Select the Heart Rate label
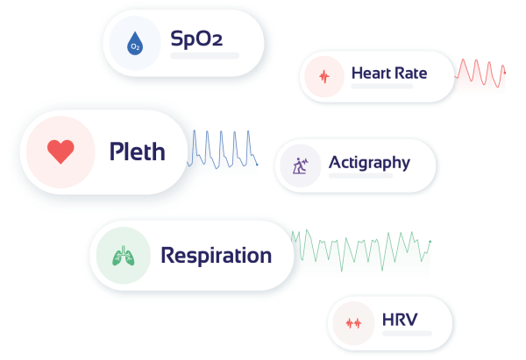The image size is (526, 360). click(388, 73)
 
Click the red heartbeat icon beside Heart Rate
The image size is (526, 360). click(323, 76)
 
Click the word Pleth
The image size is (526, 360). click(137, 152)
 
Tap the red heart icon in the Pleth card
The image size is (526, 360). click(60, 152)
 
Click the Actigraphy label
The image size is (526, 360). click(369, 162)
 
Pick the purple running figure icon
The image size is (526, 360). click(300, 166)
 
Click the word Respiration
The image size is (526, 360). click(216, 256)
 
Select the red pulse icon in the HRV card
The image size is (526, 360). click(354, 322)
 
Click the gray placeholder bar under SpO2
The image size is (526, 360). click(205, 56)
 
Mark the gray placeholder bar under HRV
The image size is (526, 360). click(407, 333)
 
